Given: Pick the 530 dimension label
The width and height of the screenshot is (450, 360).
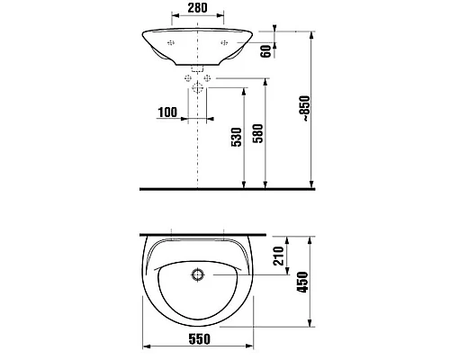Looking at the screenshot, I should pos(236,135).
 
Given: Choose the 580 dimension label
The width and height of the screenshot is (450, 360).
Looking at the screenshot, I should pos(259,135).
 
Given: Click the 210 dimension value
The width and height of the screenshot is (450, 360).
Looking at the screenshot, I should pos(280,260).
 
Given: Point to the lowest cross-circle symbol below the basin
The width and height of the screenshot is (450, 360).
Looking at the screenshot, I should pos(197,88).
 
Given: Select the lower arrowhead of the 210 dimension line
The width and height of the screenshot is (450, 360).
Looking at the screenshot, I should pos(289,267).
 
